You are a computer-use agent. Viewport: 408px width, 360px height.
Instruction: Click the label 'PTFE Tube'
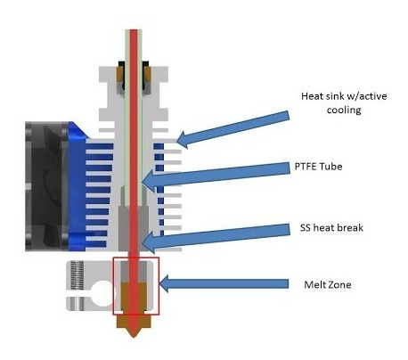tap(318, 167)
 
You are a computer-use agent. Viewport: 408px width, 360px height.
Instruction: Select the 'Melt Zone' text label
tap(328, 284)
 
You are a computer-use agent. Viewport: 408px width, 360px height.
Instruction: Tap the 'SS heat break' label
tap(331, 228)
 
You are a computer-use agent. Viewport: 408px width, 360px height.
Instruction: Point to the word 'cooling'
tap(344, 110)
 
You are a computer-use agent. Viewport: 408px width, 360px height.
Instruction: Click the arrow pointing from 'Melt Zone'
tap(224, 283)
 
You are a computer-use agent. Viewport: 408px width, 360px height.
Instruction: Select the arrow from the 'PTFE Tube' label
tap(216, 176)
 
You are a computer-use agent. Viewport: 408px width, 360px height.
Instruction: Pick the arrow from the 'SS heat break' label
tap(216, 237)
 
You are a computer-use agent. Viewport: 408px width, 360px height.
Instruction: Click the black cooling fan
tap(47, 186)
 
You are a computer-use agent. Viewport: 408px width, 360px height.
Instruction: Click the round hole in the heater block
tap(102, 292)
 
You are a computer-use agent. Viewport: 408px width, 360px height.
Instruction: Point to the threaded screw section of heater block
tap(77, 275)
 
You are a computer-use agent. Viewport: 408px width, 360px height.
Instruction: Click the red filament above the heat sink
tap(134, 46)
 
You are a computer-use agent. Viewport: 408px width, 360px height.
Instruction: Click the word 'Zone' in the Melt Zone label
tap(339, 284)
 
